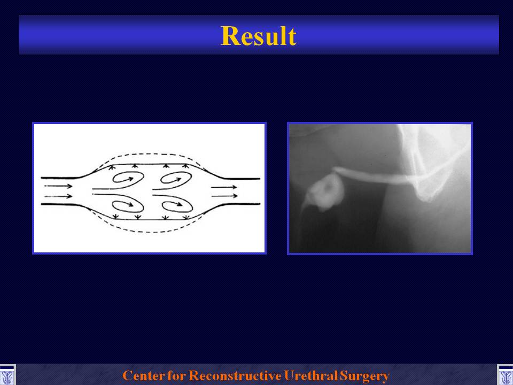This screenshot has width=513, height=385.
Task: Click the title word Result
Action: [259, 36]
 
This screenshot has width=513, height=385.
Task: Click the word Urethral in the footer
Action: [310, 375]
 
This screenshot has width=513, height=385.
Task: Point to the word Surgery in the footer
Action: [364, 376]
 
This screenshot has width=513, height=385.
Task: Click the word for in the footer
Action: [177, 375]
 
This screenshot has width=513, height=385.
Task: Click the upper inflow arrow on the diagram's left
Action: [58, 186]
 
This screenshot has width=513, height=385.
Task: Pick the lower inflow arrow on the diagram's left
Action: [58, 196]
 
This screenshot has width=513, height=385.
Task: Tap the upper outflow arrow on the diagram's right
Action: [224, 187]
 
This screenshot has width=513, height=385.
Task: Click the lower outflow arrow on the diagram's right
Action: [224, 196]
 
